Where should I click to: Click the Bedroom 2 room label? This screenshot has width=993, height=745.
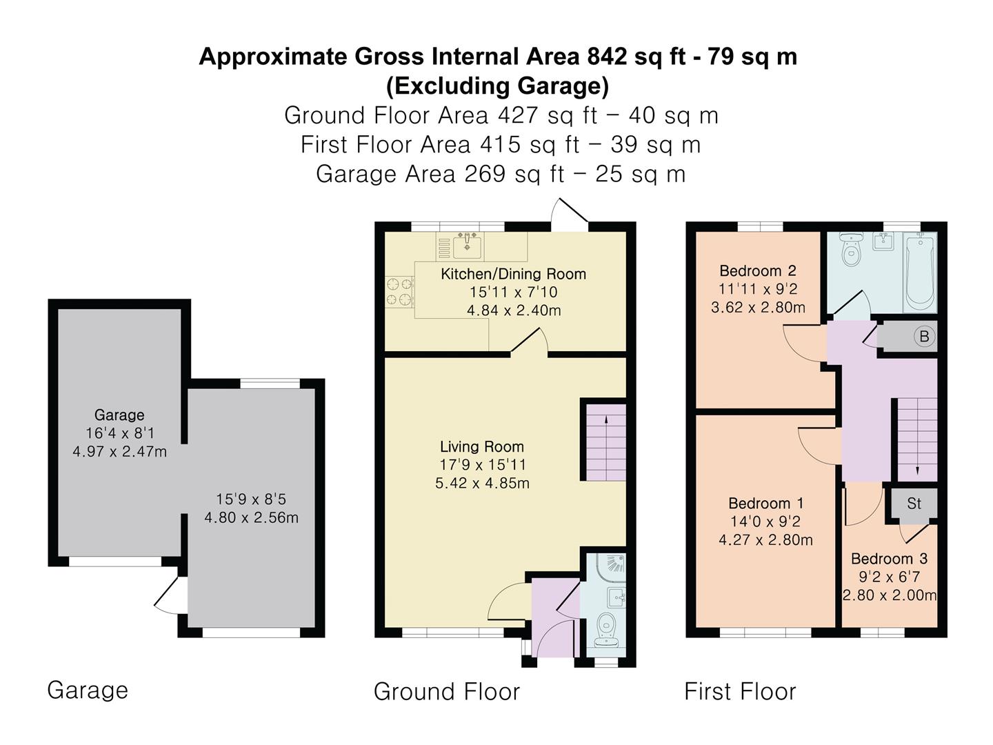pyautogui.click(x=757, y=270)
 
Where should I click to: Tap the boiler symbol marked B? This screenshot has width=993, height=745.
pyautogui.click(x=924, y=336)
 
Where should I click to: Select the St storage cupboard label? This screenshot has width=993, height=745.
pyautogui.click(x=914, y=503)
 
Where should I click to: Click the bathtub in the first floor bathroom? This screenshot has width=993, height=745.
pyautogui.click(x=920, y=272)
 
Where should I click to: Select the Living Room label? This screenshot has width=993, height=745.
pyautogui.click(x=482, y=446)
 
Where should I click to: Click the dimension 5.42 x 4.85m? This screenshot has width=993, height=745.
pyautogui.click(x=482, y=483)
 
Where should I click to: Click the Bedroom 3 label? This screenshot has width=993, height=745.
pyautogui.click(x=889, y=559)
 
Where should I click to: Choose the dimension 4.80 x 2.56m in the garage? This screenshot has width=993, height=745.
pyautogui.click(x=251, y=517)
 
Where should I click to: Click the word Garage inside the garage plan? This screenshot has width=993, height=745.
pyautogui.click(x=119, y=415)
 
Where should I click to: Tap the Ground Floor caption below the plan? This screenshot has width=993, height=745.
pyautogui.click(x=447, y=692)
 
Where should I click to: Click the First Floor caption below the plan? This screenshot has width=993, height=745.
pyautogui.click(x=740, y=692)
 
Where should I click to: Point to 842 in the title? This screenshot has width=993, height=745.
pyautogui.click(x=607, y=57)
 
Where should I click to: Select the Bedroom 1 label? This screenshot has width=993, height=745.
pyautogui.click(x=766, y=503)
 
